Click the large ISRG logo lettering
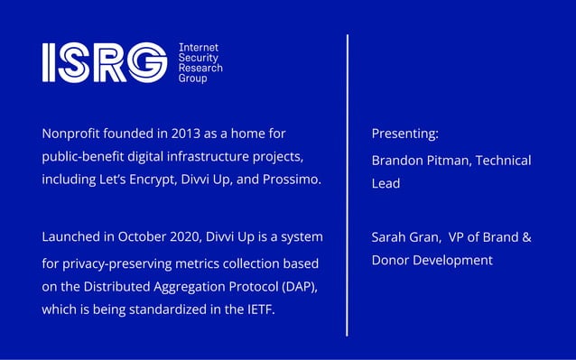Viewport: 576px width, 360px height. coord(104,62)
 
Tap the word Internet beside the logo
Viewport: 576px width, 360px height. coord(199,47)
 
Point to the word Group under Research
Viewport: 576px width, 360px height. coord(193,78)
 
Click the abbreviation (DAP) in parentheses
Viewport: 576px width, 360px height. coord(296,287)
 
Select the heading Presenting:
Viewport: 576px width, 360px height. coord(404,134)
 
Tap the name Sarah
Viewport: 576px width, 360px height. coord(388,238)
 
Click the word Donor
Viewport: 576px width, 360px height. coord(391,261)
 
